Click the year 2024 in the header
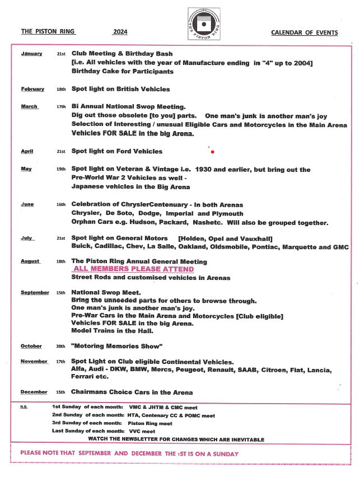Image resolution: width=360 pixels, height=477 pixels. click(x=120, y=32)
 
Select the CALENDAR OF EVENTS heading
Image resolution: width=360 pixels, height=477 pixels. click(x=304, y=32)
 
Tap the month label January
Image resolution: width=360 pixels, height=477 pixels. click(x=32, y=53)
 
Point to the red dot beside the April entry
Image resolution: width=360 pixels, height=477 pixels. click(x=212, y=152)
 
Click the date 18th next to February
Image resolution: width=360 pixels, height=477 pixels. click(x=61, y=90)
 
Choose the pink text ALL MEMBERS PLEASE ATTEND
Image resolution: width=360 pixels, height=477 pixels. click(x=134, y=269)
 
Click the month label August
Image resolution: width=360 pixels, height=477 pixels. click(x=31, y=261)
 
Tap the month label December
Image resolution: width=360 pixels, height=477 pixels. click(x=34, y=392)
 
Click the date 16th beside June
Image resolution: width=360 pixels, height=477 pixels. click(x=61, y=205)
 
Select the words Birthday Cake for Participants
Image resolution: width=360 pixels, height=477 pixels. click(x=122, y=72)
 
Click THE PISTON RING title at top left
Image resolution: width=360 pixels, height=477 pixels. click(x=48, y=32)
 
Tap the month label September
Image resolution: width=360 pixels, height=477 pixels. click(x=35, y=293)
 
